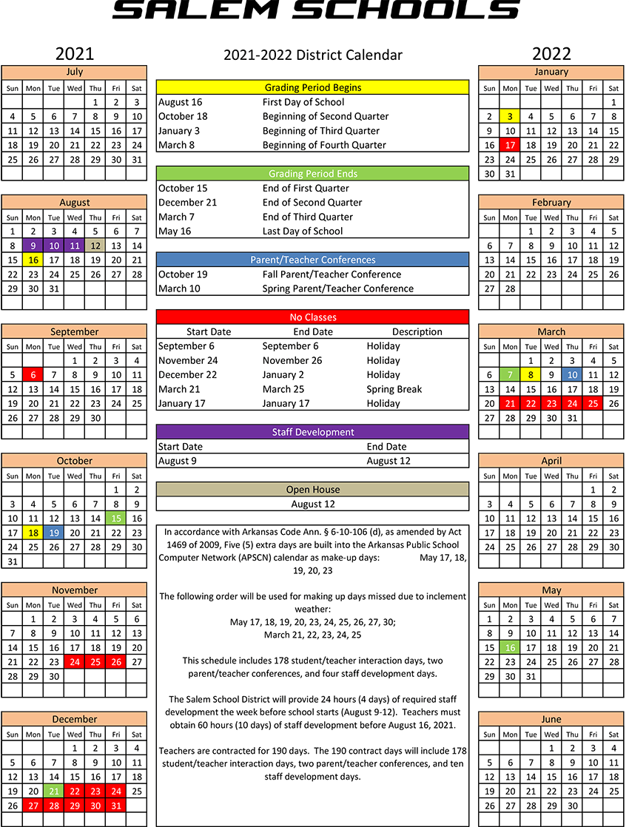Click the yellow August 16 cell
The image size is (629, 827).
click(33, 260)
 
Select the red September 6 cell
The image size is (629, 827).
click(33, 375)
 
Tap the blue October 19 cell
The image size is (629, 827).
click(54, 533)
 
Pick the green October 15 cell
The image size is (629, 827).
click(116, 519)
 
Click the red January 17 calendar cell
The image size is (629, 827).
click(510, 145)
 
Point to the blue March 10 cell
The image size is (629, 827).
click(572, 375)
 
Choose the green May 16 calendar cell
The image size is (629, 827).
click(510, 647)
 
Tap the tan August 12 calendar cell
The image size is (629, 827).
click(95, 246)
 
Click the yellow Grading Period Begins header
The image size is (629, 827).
click(312, 87)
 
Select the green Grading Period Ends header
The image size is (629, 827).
click(312, 174)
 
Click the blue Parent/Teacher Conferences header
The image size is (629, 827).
click(312, 260)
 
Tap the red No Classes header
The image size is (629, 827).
click(312, 317)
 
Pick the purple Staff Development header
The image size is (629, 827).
click(312, 432)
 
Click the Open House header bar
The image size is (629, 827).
click(312, 490)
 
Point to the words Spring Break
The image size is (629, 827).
click(394, 389)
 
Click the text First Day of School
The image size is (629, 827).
click(303, 102)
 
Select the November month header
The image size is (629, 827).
click(75, 590)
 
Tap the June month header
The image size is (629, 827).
click(551, 719)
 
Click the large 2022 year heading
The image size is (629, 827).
click(551, 53)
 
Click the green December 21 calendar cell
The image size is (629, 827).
click(54, 791)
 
